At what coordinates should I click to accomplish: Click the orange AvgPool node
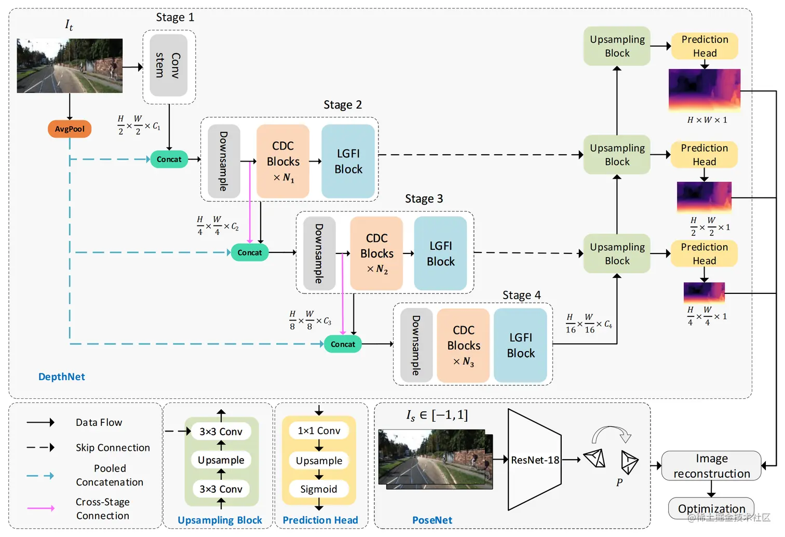pos(70,129)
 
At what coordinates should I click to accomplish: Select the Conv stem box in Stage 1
pos(168,65)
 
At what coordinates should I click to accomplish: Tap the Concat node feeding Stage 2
pos(169,159)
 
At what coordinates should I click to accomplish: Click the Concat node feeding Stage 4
pos(343,344)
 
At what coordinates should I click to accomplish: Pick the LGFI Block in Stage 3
pos(440,253)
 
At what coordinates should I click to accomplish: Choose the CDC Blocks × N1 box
pos(283,162)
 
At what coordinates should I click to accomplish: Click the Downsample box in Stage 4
pos(416,345)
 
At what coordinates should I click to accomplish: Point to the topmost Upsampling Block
pos(617,46)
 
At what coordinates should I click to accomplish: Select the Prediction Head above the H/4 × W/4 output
pos(704,253)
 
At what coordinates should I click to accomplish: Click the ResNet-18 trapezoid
pos(535,460)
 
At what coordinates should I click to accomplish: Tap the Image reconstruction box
pos(711,466)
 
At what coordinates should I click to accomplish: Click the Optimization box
pos(711,508)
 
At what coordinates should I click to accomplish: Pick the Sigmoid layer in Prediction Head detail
pos(319,489)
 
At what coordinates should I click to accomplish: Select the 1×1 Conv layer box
pos(319,431)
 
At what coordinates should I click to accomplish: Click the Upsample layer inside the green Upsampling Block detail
pos(221,460)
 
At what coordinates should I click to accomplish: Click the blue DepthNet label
pos(61,377)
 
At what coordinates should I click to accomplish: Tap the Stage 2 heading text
pos(343,105)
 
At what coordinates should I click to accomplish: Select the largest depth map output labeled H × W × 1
pos(704,90)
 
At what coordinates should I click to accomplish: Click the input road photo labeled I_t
pos(70,65)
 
